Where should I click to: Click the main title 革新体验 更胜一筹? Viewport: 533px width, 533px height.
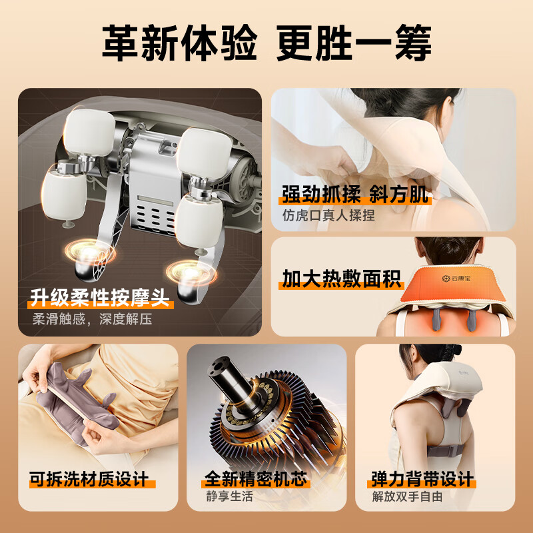[x=266, y=45]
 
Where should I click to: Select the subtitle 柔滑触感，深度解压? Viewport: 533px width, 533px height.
[x=93, y=319]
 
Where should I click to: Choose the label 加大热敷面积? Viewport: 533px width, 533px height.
[x=342, y=279]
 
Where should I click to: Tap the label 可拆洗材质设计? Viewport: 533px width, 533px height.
[x=88, y=479]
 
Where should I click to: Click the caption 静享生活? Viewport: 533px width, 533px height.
[x=230, y=496]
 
